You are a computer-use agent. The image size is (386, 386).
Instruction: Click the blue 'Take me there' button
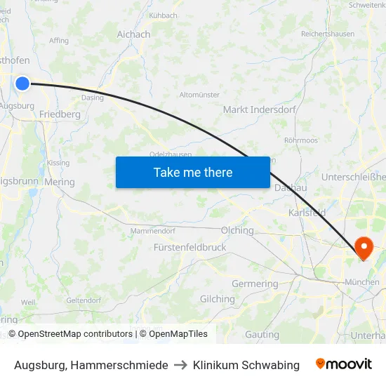[193, 172]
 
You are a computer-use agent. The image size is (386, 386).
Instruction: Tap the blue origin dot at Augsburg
[22, 84]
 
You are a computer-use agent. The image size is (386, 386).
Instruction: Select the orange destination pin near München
[364, 248]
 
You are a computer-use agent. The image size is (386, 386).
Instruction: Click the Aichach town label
[133, 34]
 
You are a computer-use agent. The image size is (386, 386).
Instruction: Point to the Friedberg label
[60, 114]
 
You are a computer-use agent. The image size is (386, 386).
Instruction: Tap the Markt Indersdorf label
[259, 109]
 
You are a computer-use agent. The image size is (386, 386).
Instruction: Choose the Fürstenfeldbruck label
[189, 248]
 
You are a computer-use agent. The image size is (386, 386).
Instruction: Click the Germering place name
[255, 284]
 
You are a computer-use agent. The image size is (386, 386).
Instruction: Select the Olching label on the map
[237, 230]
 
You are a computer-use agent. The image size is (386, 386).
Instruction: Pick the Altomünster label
[199, 95]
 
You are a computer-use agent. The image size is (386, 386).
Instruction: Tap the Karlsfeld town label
[306, 213]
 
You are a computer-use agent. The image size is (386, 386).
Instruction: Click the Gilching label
[217, 299]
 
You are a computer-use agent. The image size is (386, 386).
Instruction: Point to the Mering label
[59, 182]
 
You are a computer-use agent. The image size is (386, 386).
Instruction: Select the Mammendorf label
[152, 230]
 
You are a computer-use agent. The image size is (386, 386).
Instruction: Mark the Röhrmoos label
[300, 140]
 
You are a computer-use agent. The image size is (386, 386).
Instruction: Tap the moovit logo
[344, 364]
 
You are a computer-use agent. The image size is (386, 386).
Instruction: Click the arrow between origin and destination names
[180, 365]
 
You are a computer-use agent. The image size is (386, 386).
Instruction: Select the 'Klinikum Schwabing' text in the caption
[246, 365]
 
